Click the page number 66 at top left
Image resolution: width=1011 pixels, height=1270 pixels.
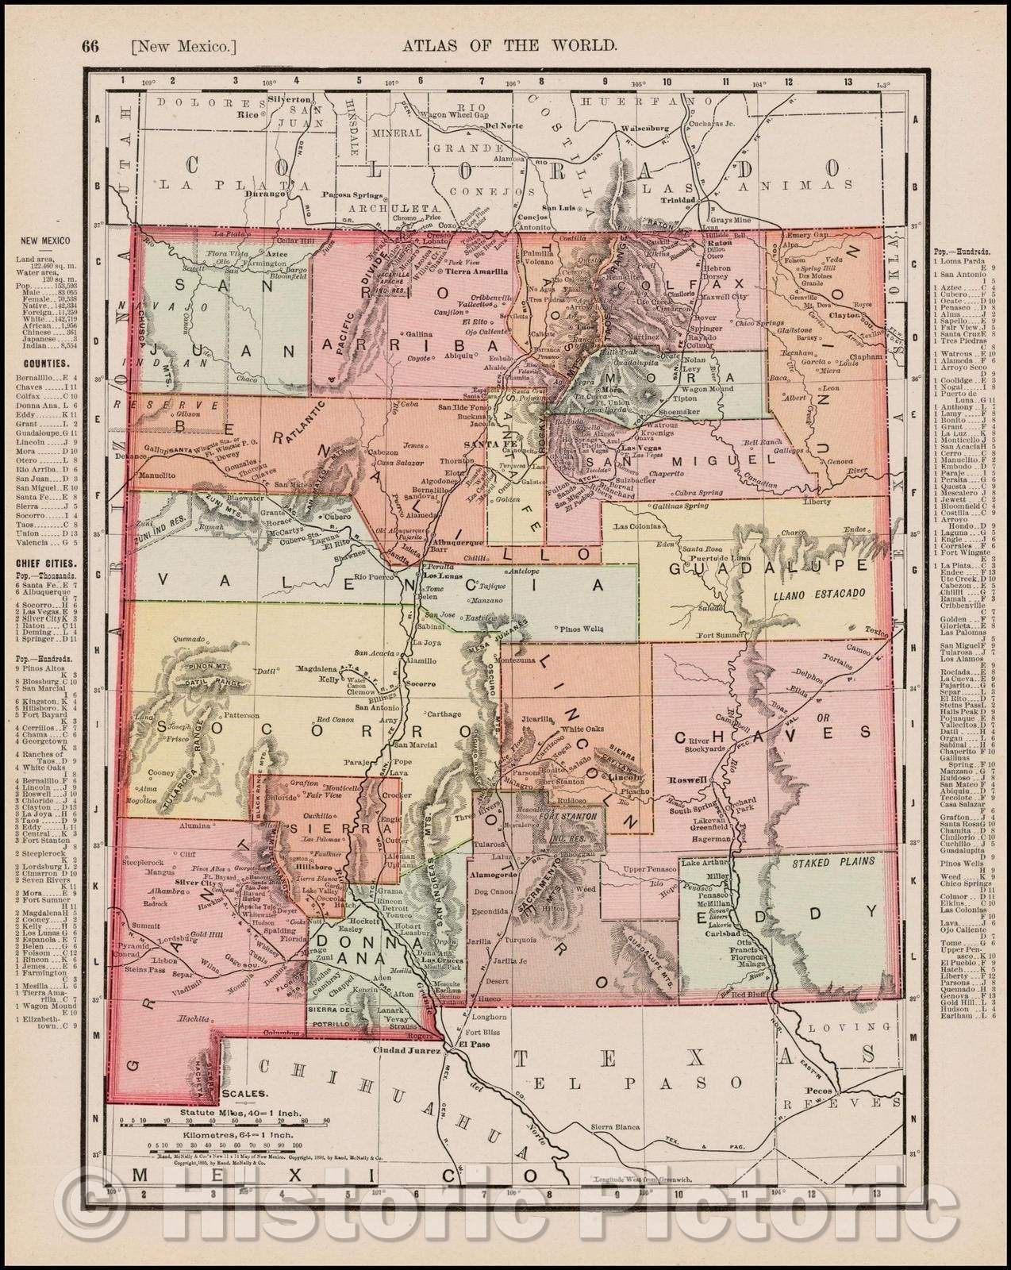pyautogui.click(x=90, y=46)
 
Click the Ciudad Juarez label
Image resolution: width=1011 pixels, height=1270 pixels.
pyautogui.click(x=410, y=1051)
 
